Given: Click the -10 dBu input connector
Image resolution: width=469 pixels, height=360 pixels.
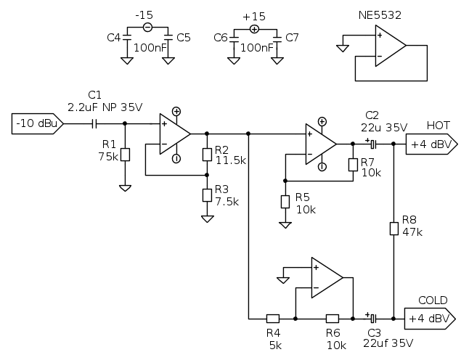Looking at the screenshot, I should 37,124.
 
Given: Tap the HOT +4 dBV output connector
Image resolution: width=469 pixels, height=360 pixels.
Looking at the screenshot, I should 430,144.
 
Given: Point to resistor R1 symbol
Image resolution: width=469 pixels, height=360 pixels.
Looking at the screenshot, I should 125,155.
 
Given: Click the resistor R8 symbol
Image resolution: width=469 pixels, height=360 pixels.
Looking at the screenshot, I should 393,229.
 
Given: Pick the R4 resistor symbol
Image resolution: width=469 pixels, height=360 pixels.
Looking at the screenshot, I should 272,318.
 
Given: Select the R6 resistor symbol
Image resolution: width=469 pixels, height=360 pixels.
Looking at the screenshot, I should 332,318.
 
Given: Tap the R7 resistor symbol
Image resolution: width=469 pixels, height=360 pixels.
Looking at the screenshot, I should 352,164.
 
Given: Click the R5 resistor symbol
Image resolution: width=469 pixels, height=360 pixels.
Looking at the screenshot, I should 285,200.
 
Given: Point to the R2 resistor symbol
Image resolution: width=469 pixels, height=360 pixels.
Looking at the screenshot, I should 207,154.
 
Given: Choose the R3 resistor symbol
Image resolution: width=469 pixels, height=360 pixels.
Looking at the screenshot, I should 207,195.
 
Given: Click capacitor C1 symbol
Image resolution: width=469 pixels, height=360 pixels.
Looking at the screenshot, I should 94,124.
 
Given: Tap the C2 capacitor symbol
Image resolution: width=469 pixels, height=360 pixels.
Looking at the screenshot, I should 372,144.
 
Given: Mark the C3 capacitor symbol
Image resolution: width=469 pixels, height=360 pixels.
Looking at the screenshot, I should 372,318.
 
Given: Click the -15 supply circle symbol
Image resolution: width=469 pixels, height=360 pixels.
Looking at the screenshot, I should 147,28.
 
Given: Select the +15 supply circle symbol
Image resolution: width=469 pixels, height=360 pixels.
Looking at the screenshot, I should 254,28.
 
